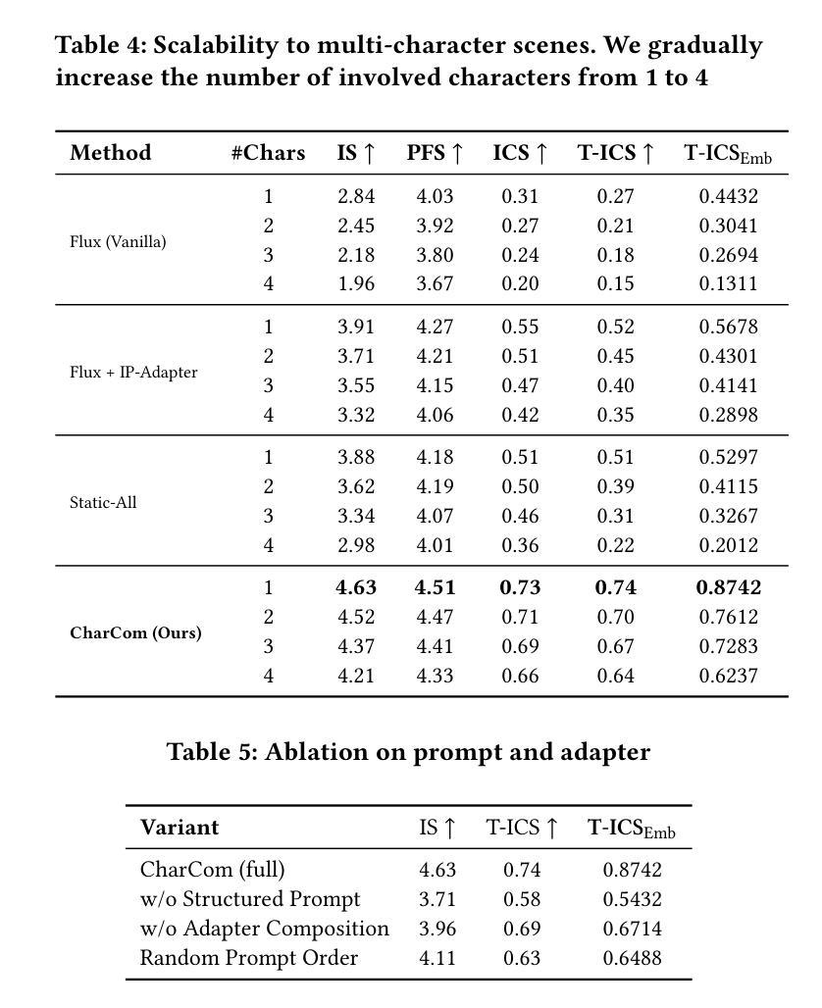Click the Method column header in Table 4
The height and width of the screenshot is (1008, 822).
[110, 153]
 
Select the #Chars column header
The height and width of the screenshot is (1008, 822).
[268, 153]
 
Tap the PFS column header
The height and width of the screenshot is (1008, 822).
[435, 153]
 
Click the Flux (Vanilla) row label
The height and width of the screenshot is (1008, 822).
[118, 241]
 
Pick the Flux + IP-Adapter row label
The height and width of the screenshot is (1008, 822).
[133, 372]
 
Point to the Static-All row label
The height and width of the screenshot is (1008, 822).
[103, 502]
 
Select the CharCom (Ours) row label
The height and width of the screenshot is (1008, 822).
[135, 632]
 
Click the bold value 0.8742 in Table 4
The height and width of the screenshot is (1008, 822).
[728, 587]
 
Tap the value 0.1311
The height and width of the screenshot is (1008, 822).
[728, 283]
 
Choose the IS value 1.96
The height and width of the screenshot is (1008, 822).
[356, 283]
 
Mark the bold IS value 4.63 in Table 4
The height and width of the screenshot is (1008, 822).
[356, 587]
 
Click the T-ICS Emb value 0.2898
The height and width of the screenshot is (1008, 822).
[728, 415]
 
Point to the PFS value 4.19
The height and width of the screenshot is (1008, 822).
[435, 486]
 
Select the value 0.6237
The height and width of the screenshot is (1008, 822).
[728, 676]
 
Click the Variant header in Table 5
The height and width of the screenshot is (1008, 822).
[180, 827]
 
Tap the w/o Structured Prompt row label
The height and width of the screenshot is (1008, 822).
[250, 899]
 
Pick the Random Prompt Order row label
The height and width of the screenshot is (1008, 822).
[249, 958]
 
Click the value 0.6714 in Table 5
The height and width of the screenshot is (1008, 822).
[632, 929]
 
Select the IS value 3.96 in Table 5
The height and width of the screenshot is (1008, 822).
[437, 929]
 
